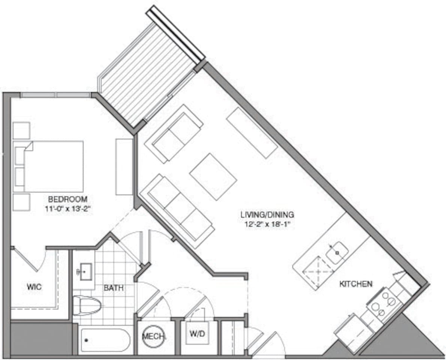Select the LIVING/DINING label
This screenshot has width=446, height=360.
pyautogui.click(x=267, y=215)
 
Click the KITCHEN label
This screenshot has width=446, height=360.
pyautogui.click(x=356, y=284)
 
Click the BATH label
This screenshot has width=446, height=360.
pyautogui.click(x=114, y=288)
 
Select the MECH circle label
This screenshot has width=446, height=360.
pyautogui.click(x=153, y=336)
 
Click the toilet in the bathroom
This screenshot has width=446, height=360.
pyautogui.click(x=87, y=305)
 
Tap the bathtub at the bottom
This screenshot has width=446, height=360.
pyautogui.click(x=105, y=340)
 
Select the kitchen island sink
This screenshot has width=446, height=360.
pyautogui.click(x=337, y=252)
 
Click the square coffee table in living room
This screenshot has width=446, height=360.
pyautogui.click(x=213, y=176)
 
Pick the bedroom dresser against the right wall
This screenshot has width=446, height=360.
pyautogui.click(x=124, y=166)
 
